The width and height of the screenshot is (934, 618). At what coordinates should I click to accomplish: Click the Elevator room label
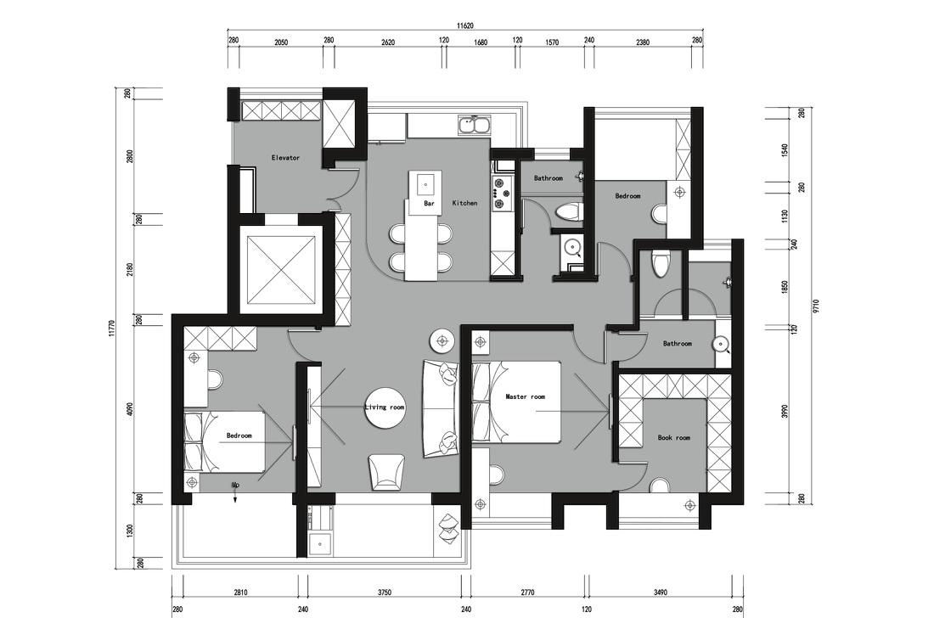[285, 158]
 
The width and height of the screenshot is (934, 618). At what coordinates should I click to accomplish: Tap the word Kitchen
[464, 203]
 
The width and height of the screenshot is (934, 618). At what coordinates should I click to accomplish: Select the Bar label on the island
[429, 203]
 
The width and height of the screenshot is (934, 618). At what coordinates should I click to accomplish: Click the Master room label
[525, 396]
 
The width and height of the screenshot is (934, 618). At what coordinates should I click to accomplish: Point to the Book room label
[673, 437]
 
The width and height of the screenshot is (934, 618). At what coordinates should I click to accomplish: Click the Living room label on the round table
[384, 407]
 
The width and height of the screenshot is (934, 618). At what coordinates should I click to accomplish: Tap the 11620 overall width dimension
[464, 25]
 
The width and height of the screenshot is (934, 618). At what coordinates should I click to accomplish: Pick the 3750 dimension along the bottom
[385, 593]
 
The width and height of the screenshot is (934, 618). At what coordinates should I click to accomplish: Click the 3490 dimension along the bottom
[661, 593]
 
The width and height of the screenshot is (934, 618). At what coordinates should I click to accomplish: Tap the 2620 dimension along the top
[388, 42]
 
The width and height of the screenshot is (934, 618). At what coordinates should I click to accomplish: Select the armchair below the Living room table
[386, 472]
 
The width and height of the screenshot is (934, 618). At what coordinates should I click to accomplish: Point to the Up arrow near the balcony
[236, 492]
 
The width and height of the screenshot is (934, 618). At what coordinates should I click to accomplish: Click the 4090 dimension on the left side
[131, 410]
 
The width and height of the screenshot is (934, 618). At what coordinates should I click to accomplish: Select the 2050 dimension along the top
[281, 42]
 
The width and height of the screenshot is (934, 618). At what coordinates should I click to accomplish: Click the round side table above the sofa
[442, 340]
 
